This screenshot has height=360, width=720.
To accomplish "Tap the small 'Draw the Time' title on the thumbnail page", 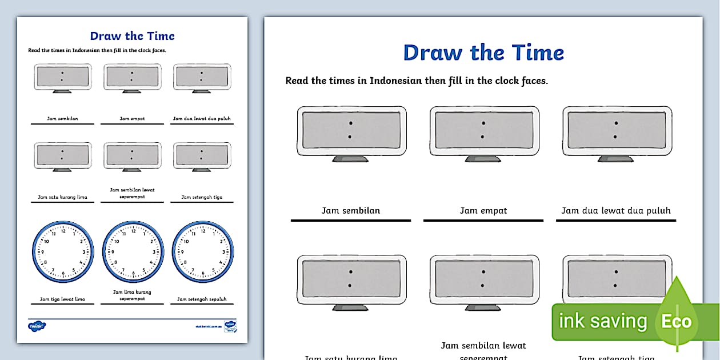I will click(x=132, y=36).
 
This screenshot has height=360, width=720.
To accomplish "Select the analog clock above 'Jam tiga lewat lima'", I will click(x=62, y=252).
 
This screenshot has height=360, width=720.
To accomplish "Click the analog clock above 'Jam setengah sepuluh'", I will click(x=202, y=252).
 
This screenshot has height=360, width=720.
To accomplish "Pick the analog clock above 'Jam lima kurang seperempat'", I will click(x=133, y=252).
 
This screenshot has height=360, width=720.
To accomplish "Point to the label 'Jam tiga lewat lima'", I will click(x=62, y=299).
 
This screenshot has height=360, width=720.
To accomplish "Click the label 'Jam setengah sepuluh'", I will click(x=202, y=299).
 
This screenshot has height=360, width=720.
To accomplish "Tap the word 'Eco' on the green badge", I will click(x=676, y=321).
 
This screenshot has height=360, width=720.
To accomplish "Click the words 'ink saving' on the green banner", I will click(x=602, y=321).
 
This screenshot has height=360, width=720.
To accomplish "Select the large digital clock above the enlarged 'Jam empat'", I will click(x=483, y=130).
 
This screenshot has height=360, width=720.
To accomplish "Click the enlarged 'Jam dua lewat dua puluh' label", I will click(x=615, y=210).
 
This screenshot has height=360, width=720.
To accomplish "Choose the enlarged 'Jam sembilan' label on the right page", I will click(x=350, y=210).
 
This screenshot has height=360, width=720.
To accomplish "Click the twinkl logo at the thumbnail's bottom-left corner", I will click(x=37, y=326).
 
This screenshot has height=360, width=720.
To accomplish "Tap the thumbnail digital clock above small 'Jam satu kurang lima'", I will click(x=62, y=155).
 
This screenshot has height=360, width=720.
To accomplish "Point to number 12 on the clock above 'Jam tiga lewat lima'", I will click(x=63, y=231).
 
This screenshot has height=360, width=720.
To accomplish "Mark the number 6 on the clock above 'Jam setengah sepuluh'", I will click(x=203, y=274).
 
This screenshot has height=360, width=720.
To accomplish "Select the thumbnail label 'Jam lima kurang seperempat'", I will click(x=132, y=295).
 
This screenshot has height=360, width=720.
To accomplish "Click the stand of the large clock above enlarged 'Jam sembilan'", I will click(x=351, y=159).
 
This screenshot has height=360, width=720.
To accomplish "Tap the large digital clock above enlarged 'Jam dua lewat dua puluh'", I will click(x=616, y=130).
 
